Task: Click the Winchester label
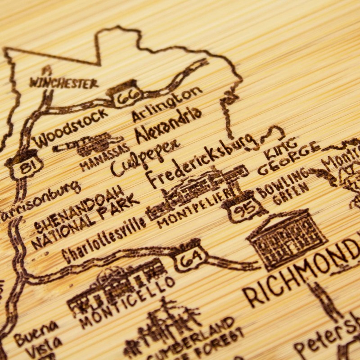tap(63, 83)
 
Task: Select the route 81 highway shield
tap(25, 165)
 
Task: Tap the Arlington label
tap(166, 104)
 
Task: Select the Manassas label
tap(104, 158)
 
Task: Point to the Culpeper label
tap(145, 156)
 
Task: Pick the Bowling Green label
tap(283, 189)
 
